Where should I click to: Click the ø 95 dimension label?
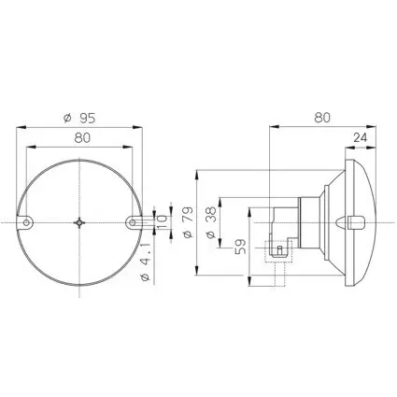[79, 119]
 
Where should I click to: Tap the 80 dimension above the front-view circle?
[82, 138]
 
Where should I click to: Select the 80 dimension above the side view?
[322, 118]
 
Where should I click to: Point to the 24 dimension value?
[361, 137]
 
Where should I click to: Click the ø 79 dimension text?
[188, 222]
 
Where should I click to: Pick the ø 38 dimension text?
[211, 222]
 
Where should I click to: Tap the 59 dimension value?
[240, 247]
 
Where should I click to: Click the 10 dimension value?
[162, 222]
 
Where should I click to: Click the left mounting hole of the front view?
[27, 222]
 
